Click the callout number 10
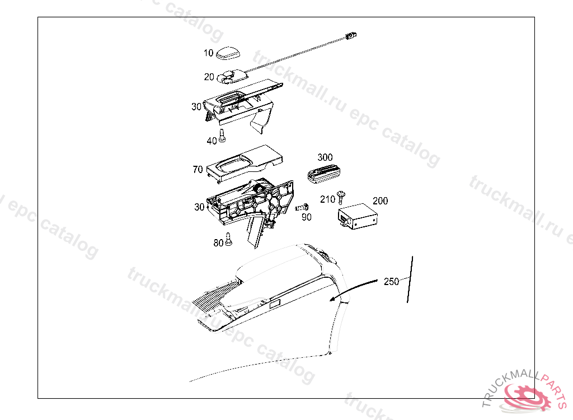pyautogui.click(x=208, y=53)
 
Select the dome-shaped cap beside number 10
pyautogui.click(x=228, y=53)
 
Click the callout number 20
pyautogui.click(x=209, y=77)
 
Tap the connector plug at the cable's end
pyautogui.click(x=351, y=35)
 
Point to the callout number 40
pyautogui.click(x=212, y=141)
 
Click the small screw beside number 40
pyautogui.click(x=222, y=135)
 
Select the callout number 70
pyautogui.click(x=198, y=169)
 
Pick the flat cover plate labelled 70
pyautogui.click(x=245, y=164)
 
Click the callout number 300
pyautogui.click(x=325, y=157)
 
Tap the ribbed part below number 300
pyautogui.click(x=324, y=174)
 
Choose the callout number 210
pyautogui.click(x=327, y=199)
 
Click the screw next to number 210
pyautogui.click(x=341, y=197)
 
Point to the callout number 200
pyautogui.click(x=380, y=201)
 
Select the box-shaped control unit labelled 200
pyautogui.click(x=358, y=216)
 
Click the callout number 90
pyautogui.click(x=307, y=217)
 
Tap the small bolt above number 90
pyautogui.click(x=302, y=207)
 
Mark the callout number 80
pyautogui.click(x=218, y=243)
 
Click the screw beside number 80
pyautogui.click(x=229, y=239)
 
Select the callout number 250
pyautogui.click(x=391, y=282)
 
